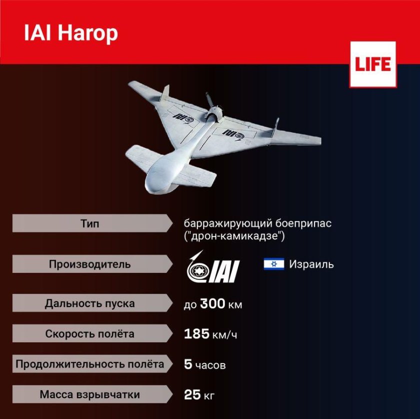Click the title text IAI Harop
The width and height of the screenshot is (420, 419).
point(70,33)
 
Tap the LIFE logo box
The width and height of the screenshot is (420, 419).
point(372,64)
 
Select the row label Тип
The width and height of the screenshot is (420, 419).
point(89,223)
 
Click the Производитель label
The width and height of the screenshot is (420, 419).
point(89,264)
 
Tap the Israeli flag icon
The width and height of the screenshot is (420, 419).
point(273,264)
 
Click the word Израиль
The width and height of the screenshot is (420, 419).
point(311,264)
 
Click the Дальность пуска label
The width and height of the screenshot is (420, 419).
point(89,303)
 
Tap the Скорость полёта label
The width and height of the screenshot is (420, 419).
point(89,334)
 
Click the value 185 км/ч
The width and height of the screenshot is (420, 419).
point(210,334)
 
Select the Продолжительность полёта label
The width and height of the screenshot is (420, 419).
point(89,364)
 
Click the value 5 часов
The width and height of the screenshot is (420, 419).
point(204,365)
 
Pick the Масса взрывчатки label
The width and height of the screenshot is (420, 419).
point(89,394)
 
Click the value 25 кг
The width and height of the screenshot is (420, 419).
point(199,395)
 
